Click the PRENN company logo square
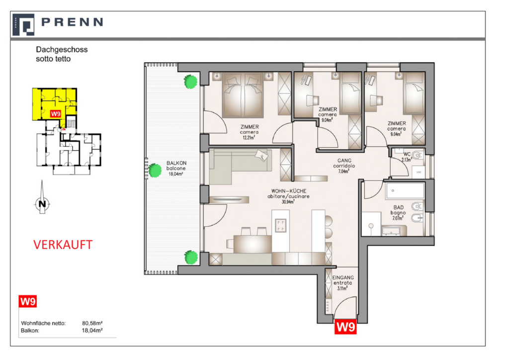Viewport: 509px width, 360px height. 23,25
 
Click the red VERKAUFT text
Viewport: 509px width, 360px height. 63,245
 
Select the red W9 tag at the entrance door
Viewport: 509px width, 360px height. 345,327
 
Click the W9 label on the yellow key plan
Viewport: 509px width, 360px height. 56,113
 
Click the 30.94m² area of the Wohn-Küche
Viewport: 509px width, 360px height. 288,202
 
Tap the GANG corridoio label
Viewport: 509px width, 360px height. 344,163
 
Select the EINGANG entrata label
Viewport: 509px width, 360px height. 343,280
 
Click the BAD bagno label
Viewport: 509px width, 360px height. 398,210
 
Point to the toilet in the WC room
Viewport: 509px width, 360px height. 418,156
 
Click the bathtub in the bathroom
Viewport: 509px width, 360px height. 405,191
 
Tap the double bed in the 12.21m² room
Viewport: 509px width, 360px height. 243,95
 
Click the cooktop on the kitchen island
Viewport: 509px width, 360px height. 281,226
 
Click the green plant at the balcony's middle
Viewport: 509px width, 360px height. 155,170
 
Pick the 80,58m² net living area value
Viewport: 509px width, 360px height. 92,323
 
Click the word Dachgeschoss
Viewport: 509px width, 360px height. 62,50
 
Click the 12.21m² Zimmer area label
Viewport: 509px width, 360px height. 249,138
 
